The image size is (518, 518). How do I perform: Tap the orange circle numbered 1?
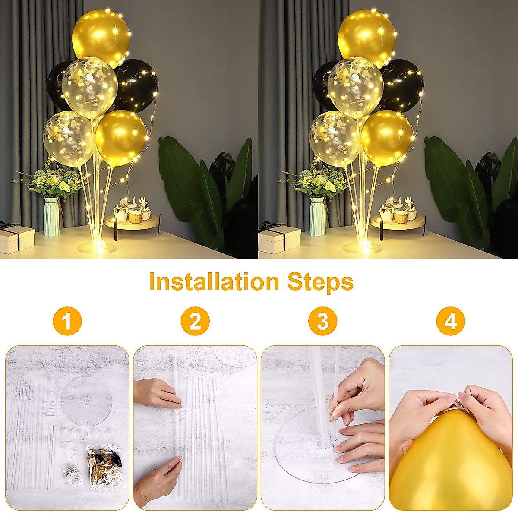(67, 321)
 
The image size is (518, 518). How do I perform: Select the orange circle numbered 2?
(195, 321)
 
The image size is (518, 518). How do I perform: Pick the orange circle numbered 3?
(322, 321)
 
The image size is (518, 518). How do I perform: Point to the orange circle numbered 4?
(450, 321)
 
